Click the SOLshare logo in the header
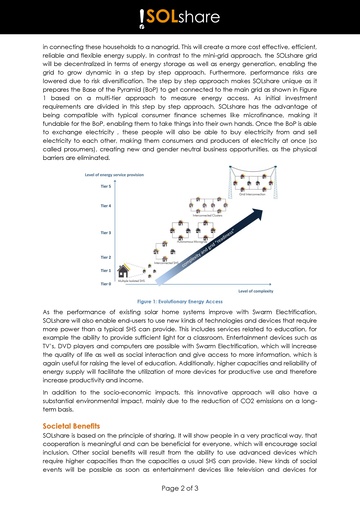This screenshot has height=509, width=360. click(x=181, y=19)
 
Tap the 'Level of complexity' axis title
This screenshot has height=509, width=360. click(x=256, y=290)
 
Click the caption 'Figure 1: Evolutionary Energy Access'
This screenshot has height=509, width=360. click(x=180, y=300)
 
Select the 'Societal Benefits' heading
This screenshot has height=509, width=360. click(x=71, y=426)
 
